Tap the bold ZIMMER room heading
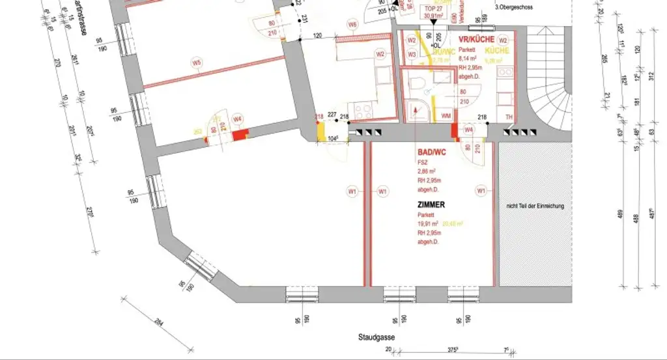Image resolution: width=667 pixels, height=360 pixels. tap(431, 204)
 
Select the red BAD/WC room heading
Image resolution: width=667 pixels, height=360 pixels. tap(433, 152)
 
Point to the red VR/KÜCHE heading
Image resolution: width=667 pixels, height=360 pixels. tap(476, 39)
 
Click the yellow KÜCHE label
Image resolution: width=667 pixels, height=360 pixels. tap(497, 49)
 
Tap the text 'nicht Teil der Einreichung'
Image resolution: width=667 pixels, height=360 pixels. tap(535, 206)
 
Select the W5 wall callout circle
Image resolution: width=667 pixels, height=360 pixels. tap(196, 63)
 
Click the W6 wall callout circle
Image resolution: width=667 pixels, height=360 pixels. tap(352, 25)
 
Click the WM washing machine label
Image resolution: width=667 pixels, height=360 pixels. tap(446, 115)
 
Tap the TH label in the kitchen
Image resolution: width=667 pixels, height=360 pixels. tap(509, 117)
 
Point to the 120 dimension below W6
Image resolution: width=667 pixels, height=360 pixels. tap(318, 36)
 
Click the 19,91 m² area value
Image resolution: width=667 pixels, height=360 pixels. tap(427, 223)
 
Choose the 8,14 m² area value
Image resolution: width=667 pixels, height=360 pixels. tap(468, 57)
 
